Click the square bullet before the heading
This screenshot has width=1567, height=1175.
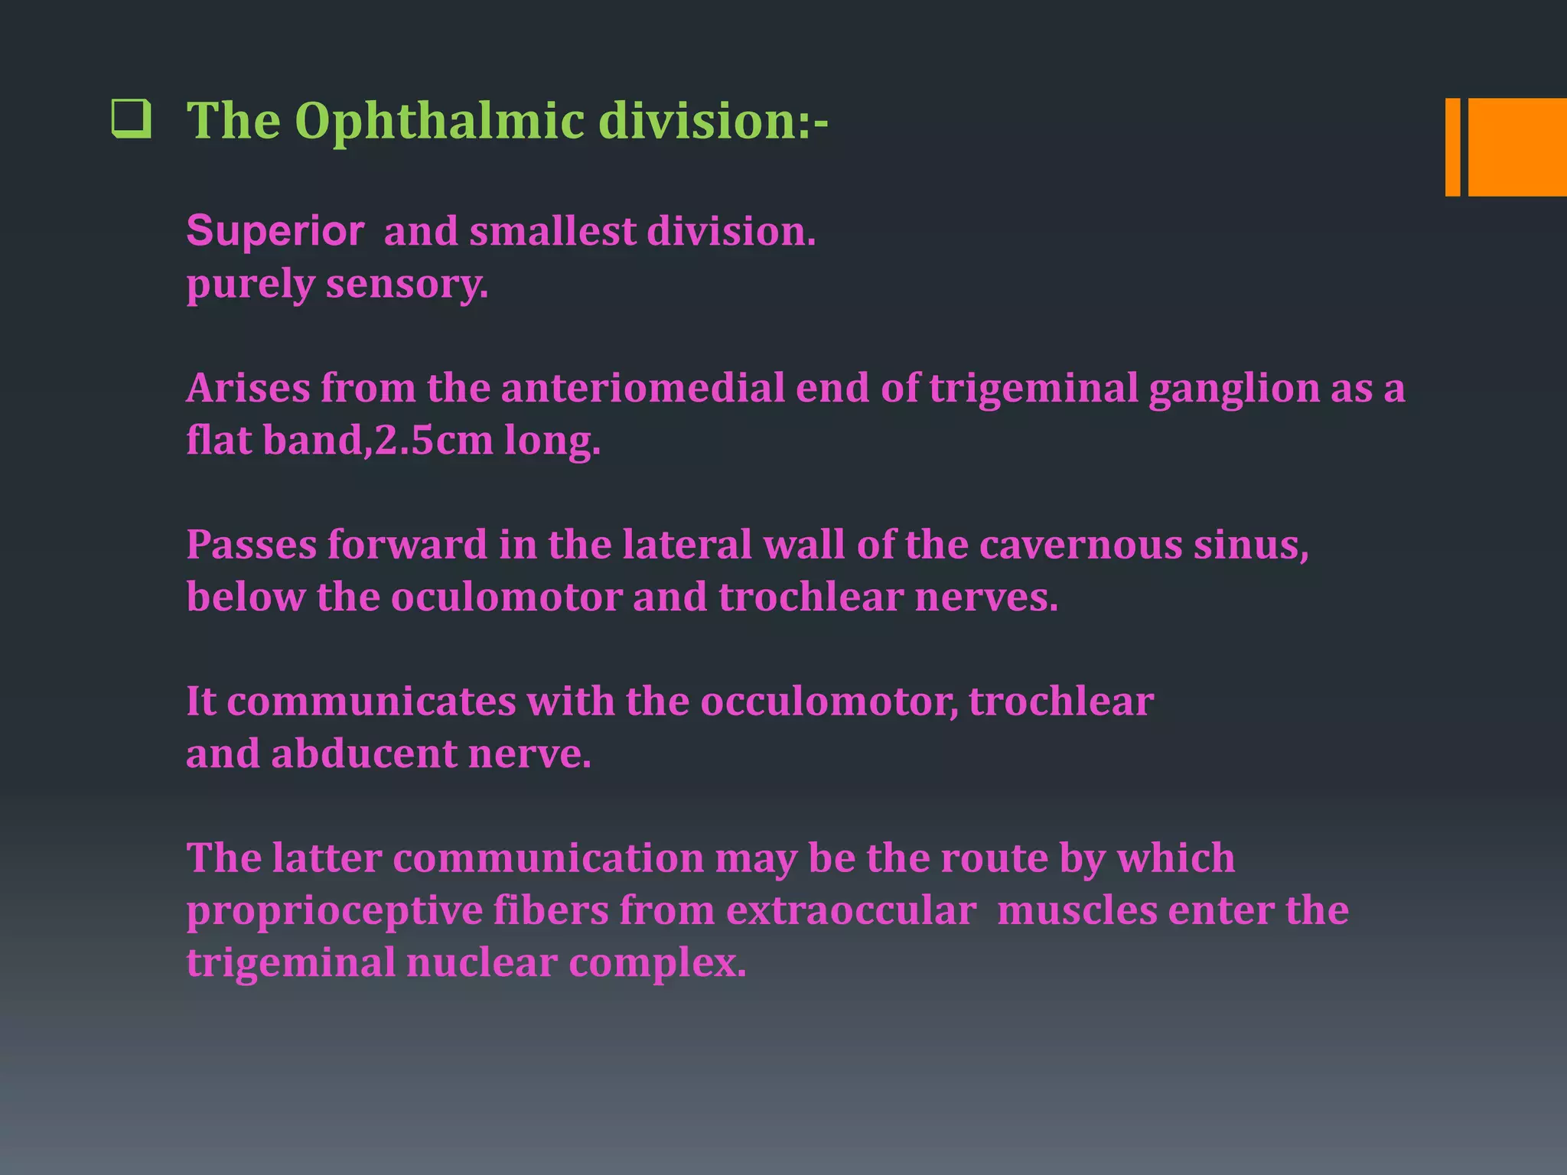click(x=131, y=119)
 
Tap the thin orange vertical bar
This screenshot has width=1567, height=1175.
click(x=1451, y=147)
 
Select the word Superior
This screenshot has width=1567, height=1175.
click(x=275, y=230)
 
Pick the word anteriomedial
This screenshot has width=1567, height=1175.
click(x=643, y=388)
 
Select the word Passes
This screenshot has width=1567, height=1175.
click(x=252, y=545)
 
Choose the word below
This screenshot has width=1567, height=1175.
click(x=246, y=597)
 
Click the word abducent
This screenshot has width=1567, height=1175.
click(x=363, y=753)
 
